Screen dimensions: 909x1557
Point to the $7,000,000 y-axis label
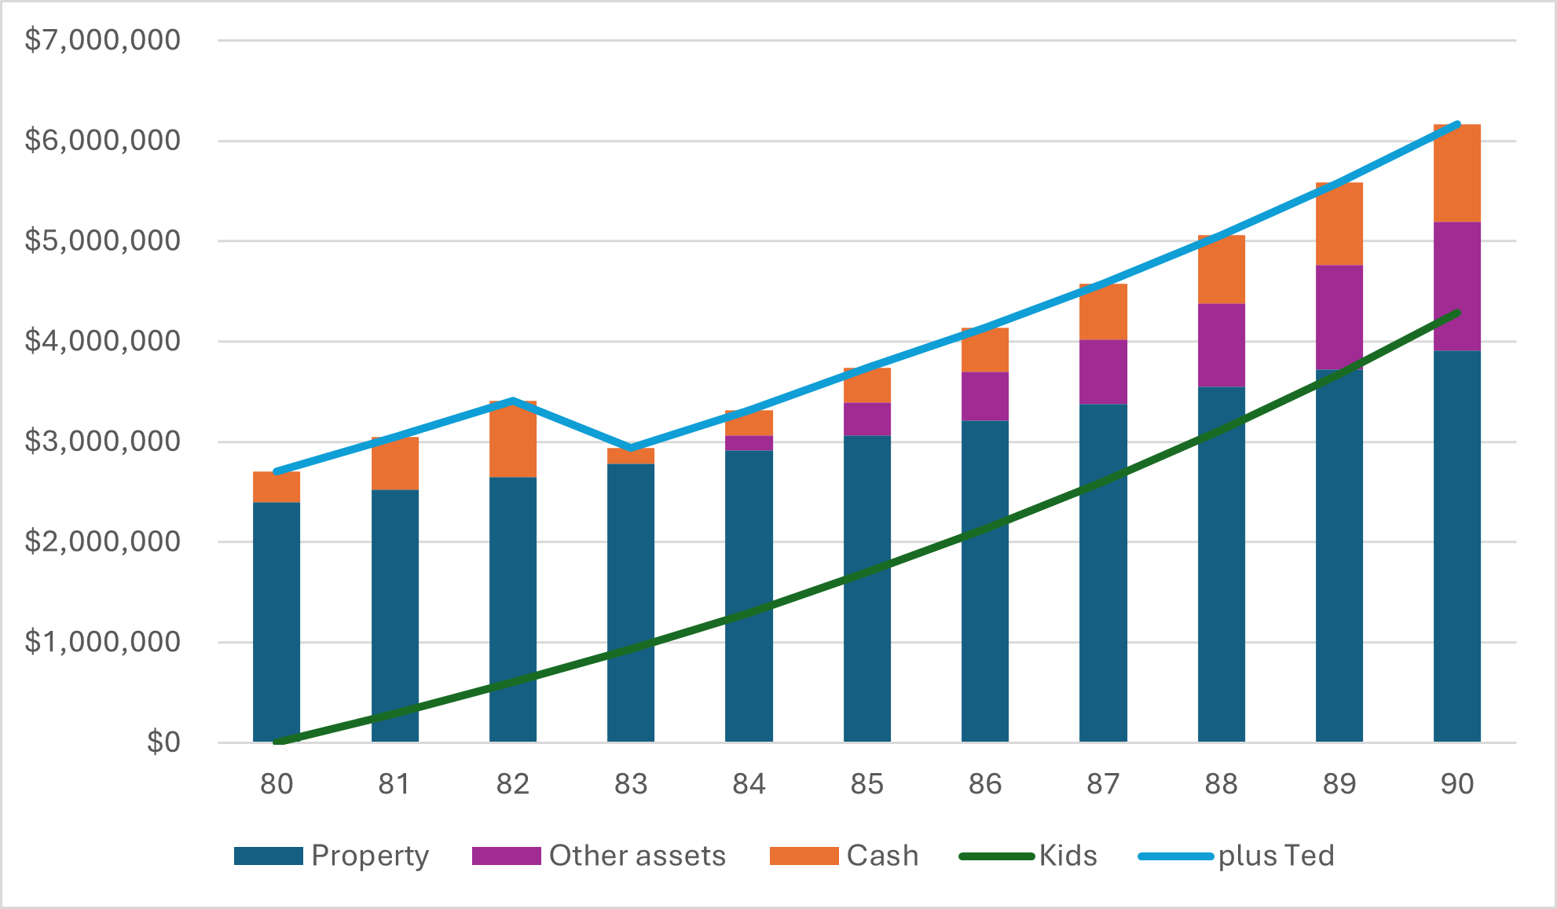[x=103, y=40]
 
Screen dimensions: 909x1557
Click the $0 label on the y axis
[x=163, y=742]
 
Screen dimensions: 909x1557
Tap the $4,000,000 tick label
[x=103, y=341]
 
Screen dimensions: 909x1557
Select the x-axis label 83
[x=631, y=784]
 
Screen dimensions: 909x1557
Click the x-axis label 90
[x=1457, y=784]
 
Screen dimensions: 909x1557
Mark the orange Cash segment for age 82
[x=513, y=440]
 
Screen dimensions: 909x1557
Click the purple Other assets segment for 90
[x=1457, y=287]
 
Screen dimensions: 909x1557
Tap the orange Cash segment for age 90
[x=1457, y=174]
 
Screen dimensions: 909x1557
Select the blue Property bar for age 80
[x=277, y=621]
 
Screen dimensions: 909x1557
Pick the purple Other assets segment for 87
[x=1103, y=372]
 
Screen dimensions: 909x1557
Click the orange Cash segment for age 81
[x=395, y=464]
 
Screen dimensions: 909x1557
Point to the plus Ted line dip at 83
[x=631, y=448]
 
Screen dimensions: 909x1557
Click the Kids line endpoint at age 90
[x=1457, y=313]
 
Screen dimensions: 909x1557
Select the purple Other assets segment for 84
[x=749, y=443]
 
